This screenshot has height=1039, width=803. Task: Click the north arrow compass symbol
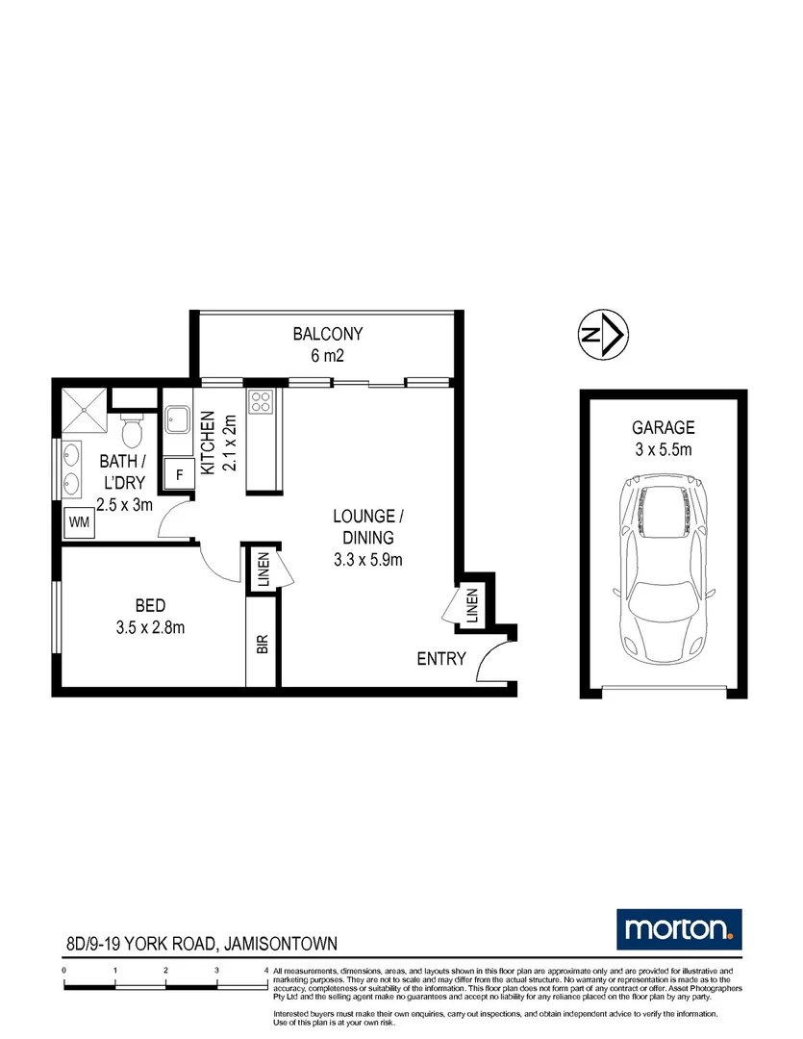603,335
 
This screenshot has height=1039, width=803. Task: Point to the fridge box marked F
178,472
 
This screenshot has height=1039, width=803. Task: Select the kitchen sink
178,419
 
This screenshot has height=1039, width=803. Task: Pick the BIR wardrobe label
262,644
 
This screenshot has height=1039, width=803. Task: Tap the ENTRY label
440,659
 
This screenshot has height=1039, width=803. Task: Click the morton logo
678,928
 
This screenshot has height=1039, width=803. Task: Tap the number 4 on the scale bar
266,972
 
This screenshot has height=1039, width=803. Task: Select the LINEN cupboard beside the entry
472,607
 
